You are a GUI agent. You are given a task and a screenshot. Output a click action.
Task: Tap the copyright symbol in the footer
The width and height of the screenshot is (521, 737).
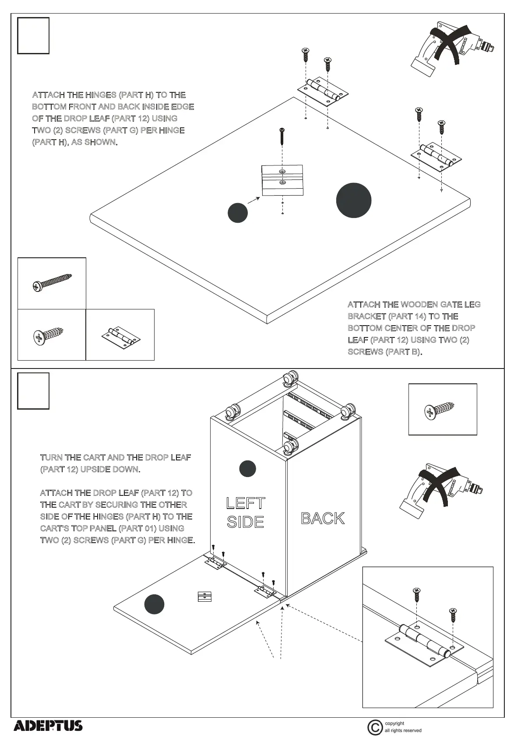pyautogui.click(x=375, y=727)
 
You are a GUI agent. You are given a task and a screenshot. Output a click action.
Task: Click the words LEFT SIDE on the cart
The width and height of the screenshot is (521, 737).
pyautogui.click(x=245, y=512)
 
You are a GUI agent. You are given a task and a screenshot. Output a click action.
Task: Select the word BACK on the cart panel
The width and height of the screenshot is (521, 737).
pyautogui.click(x=323, y=519)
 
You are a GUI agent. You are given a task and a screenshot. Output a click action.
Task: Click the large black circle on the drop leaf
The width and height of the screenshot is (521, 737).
pyautogui.click(x=354, y=200)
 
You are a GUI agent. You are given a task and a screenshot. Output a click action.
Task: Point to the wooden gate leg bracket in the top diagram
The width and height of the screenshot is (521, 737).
pyautogui.click(x=282, y=180)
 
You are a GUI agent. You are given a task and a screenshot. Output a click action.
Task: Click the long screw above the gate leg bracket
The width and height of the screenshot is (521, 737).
pyautogui.click(x=282, y=136)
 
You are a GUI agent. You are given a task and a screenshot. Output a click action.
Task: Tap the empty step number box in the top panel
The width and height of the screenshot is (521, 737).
pyautogui.click(x=33, y=36)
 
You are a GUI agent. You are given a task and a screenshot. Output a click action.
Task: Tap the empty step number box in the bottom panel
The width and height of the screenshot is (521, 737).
pyautogui.click(x=33, y=391)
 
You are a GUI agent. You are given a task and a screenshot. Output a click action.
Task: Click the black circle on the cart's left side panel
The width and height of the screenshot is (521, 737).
pyautogui.click(x=247, y=469)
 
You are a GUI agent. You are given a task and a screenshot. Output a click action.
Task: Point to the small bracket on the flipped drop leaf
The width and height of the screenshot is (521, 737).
pyautogui.click(x=204, y=596)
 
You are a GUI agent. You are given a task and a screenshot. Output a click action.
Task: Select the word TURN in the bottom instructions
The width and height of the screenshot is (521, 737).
pyautogui.click(x=51, y=457)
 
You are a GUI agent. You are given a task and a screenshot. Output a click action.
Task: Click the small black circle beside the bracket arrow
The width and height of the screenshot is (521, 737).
pyautogui.click(x=238, y=213)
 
